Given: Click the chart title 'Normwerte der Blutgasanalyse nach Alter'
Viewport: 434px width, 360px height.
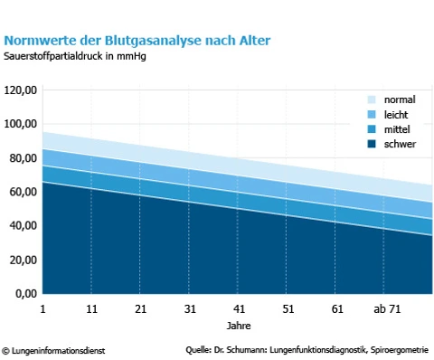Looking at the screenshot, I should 137,40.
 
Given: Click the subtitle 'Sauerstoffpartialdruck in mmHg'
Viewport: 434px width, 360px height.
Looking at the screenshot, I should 75,56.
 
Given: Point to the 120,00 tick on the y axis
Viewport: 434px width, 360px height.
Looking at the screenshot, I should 20,90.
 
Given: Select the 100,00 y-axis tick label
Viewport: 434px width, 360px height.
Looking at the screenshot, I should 20,124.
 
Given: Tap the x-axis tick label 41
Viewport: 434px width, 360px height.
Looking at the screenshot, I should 238,309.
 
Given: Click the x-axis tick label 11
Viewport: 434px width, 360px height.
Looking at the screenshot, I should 91,309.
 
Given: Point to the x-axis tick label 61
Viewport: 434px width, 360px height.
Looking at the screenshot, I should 335,309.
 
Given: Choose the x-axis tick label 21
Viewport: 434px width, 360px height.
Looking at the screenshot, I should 140,309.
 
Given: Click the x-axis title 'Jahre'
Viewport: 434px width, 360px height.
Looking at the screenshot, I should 238,325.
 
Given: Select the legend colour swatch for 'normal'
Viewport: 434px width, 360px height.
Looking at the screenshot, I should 372,99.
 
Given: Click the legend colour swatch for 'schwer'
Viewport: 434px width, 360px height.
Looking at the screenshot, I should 372,145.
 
